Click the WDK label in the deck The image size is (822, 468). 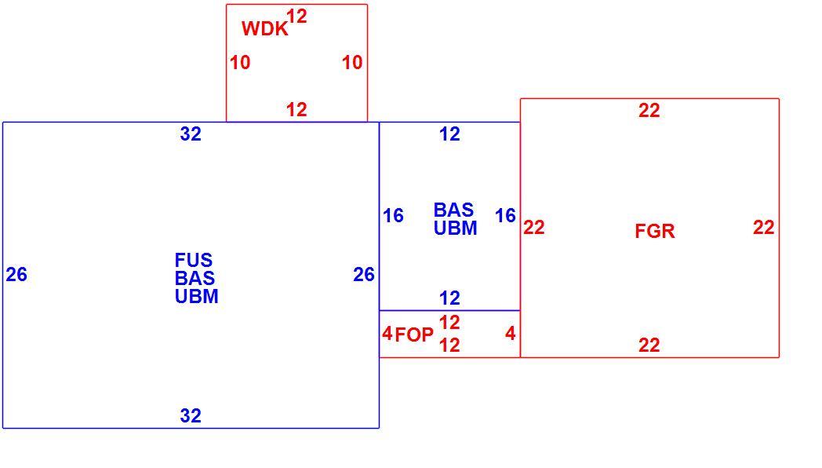coord(265,28)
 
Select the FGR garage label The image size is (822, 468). coord(655,231)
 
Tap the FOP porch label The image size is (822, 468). coord(414,335)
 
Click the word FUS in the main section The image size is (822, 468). coord(194,260)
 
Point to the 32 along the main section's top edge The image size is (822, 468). coord(191,133)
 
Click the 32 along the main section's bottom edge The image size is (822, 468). coord(191,415)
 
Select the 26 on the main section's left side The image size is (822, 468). coord(16,274)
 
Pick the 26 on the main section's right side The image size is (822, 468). coord(364,274)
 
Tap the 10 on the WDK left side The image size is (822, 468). coord(240,63)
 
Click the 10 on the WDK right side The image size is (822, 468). coord(352,63)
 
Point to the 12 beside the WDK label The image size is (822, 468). coord(296,16)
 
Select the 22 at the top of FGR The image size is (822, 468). coord(649,110)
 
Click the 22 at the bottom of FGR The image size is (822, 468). coord(649,345)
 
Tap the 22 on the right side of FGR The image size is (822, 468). coord(764,227)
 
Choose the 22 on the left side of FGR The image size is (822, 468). coord(534,227)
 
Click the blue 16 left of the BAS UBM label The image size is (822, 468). coord(393,215)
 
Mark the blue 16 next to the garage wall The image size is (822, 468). coord(505,215)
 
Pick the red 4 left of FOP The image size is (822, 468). coord(387,333)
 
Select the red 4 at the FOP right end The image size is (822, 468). coord(511,333)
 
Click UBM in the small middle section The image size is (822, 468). coord(456,229)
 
